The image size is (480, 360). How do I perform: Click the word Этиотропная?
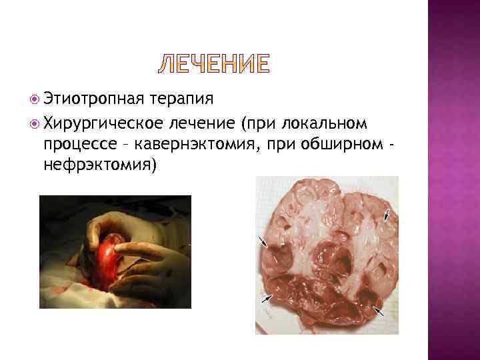pyautogui.click(x=93, y=99)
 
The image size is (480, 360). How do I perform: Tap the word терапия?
pyautogui.click(x=182, y=99)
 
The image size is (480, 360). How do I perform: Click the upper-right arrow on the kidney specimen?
pyautogui.click(x=386, y=215)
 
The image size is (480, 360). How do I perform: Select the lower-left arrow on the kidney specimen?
pyautogui.click(x=267, y=298)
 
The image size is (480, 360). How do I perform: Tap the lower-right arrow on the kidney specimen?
pyautogui.click(x=379, y=310)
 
